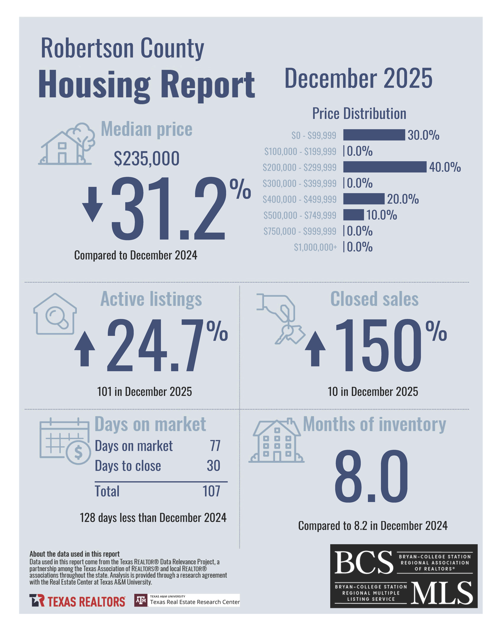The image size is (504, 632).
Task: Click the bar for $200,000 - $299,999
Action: [385, 167]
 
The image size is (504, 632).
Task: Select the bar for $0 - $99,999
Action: [374, 135]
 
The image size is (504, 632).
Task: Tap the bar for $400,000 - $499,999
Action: [363, 199]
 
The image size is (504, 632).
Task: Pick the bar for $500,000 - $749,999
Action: [353, 215]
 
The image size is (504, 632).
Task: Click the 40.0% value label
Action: [445, 167]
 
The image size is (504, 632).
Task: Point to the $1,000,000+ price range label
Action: [315, 247]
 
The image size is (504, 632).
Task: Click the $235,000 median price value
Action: [146, 158]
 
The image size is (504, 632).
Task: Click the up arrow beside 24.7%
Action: [85, 349]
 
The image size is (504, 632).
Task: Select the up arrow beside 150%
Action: [315, 349]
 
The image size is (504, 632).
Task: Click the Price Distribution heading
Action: [359, 114]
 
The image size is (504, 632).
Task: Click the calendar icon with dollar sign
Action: [65, 441]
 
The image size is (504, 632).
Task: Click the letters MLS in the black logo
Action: [441, 593]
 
